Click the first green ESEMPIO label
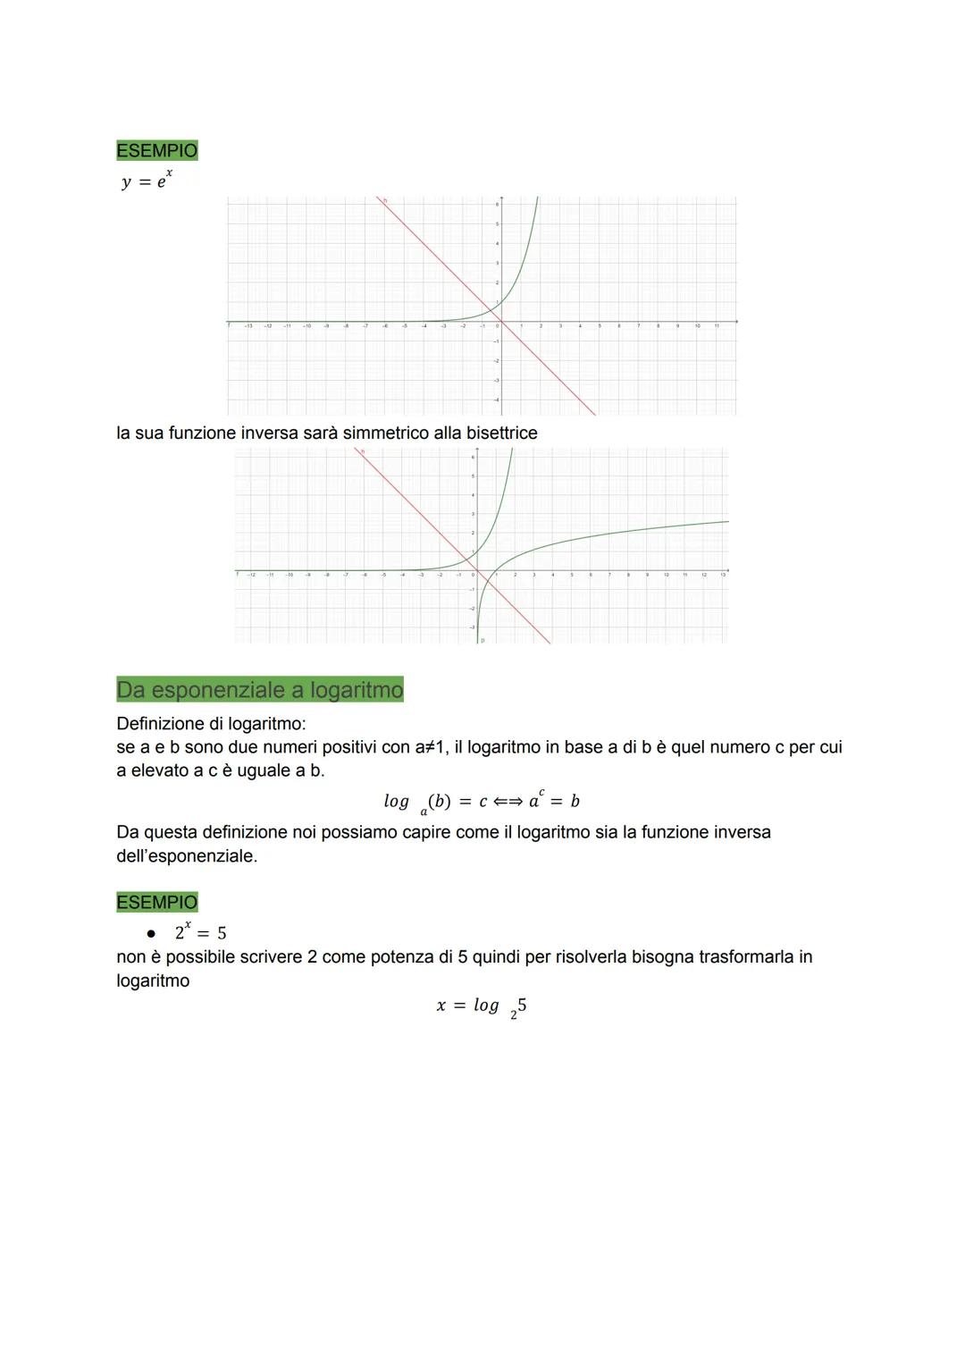click(156, 150)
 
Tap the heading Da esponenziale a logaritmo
click(260, 690)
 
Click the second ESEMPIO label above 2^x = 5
click(156, 902)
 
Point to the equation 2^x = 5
click(200, 932)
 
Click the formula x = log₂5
click(481, 1006)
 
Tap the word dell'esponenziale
click(186, 856)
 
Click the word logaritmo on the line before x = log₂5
click(153, 981)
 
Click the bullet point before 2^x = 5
click(151, 933)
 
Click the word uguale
click(264, 770)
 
